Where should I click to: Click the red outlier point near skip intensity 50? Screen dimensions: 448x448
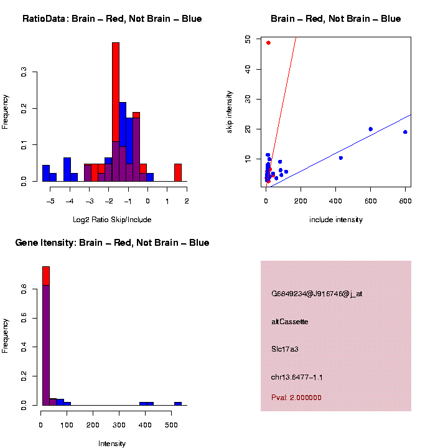268,43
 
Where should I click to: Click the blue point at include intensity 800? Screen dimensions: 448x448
405,132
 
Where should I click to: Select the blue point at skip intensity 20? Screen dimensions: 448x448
370,129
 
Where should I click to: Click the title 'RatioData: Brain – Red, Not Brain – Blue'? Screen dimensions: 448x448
112,19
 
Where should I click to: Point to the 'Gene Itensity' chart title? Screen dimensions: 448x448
112,243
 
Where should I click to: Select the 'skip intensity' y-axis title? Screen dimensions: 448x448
230,110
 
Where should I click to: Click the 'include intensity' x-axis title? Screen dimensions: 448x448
336,220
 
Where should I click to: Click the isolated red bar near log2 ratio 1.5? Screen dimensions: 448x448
178,172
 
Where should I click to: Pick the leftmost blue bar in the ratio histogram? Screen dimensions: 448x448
45,173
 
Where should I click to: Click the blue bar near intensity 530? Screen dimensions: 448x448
178,403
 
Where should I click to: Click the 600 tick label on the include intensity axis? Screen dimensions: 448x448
370,201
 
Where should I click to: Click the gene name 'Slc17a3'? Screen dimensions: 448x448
285,349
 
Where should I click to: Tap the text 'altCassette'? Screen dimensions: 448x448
289,322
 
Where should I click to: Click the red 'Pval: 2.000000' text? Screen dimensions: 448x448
296,398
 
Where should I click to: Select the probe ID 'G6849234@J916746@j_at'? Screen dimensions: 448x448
317,294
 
